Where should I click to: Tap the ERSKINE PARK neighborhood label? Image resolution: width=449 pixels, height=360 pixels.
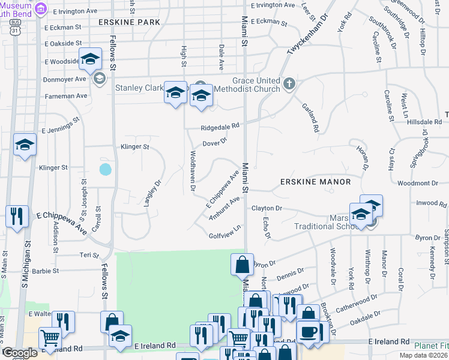point(129,22)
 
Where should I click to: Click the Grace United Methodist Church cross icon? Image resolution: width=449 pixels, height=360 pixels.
point(290,83)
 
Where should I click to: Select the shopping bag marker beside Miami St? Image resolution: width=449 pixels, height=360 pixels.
point(241,264)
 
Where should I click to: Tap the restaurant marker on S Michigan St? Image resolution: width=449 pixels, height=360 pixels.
point(17,217)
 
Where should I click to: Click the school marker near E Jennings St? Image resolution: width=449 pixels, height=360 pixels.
point(25,145)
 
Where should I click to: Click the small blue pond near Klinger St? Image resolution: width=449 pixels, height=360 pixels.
point(105,169)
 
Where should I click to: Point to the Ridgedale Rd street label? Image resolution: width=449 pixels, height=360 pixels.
point(220,127)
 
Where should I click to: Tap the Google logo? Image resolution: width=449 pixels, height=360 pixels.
point(20,352)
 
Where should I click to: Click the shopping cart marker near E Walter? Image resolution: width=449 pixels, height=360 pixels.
point(50,338)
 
